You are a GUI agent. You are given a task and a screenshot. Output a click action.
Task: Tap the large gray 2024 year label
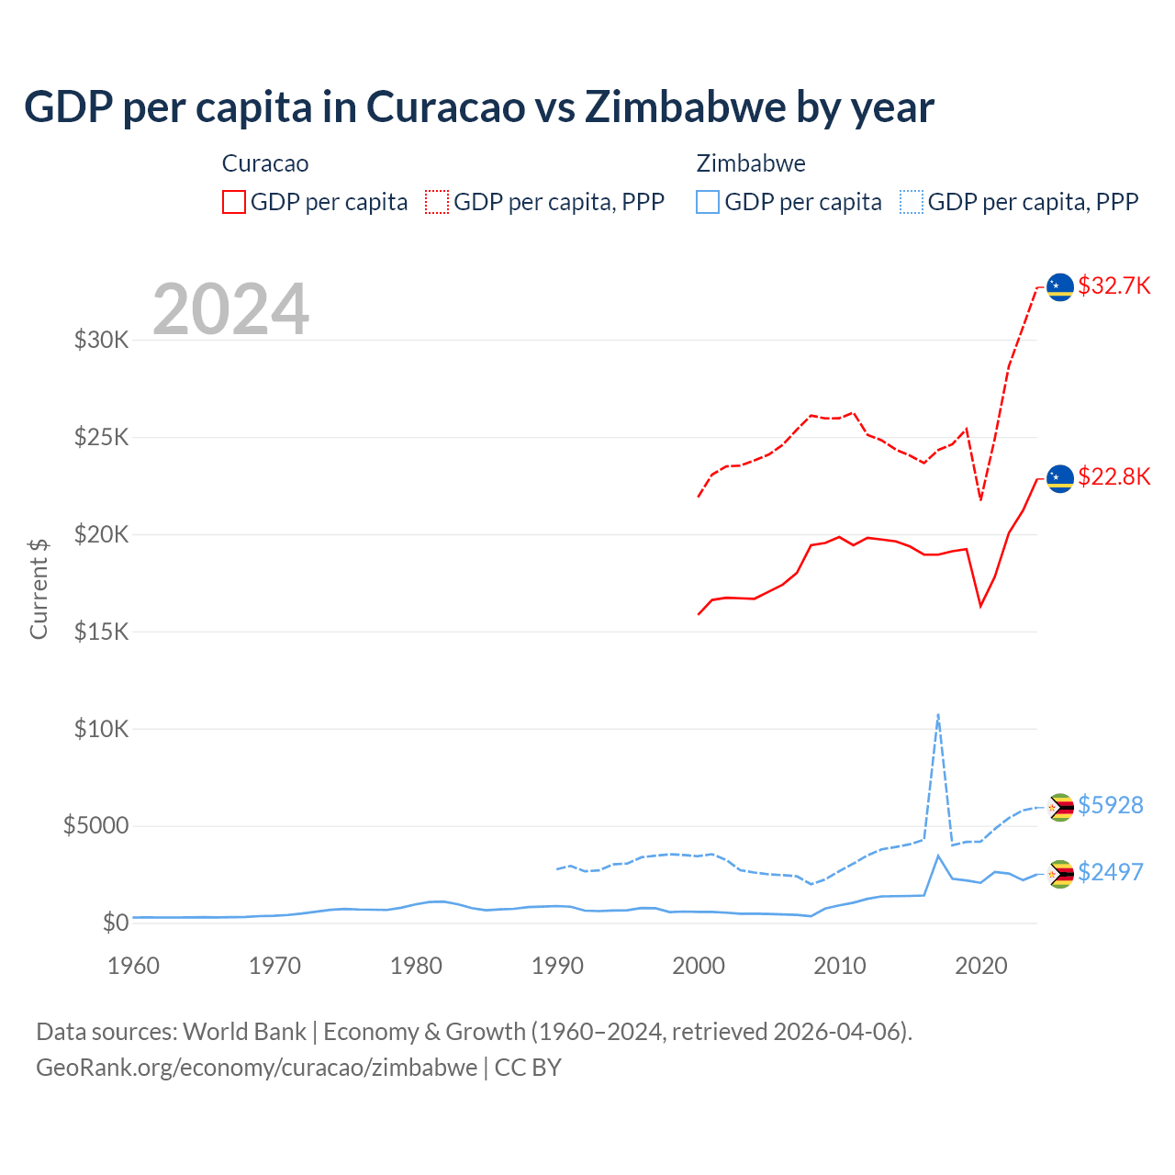230,309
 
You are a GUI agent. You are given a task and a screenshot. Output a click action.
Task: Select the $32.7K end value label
1113,285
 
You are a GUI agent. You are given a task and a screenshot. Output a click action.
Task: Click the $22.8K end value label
1113,476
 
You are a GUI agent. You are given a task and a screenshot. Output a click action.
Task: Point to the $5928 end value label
1110,805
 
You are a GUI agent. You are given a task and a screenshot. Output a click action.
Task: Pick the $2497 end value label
1110,872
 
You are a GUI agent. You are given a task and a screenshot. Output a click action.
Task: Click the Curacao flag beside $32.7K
1060,286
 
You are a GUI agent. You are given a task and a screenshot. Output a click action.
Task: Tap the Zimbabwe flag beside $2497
1060,874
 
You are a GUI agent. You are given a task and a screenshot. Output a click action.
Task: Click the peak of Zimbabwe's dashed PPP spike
937,714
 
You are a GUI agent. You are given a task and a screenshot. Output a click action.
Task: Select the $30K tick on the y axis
102,341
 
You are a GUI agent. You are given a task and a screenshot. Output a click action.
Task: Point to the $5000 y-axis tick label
95,825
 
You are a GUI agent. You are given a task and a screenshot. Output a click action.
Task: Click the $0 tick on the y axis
115,923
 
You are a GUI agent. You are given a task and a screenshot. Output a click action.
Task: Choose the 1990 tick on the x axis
557,966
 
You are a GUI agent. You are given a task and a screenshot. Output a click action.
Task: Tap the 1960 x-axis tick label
134,966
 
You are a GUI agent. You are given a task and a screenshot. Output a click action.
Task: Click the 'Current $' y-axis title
39,588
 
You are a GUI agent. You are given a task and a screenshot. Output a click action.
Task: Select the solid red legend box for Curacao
234,202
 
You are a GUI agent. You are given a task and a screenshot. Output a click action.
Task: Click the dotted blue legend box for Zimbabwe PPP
912,202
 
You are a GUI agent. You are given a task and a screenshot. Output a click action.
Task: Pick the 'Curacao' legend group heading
265,163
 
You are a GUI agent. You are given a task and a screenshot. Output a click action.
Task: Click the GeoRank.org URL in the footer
256,1068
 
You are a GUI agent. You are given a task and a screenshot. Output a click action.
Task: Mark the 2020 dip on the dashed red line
980,499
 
